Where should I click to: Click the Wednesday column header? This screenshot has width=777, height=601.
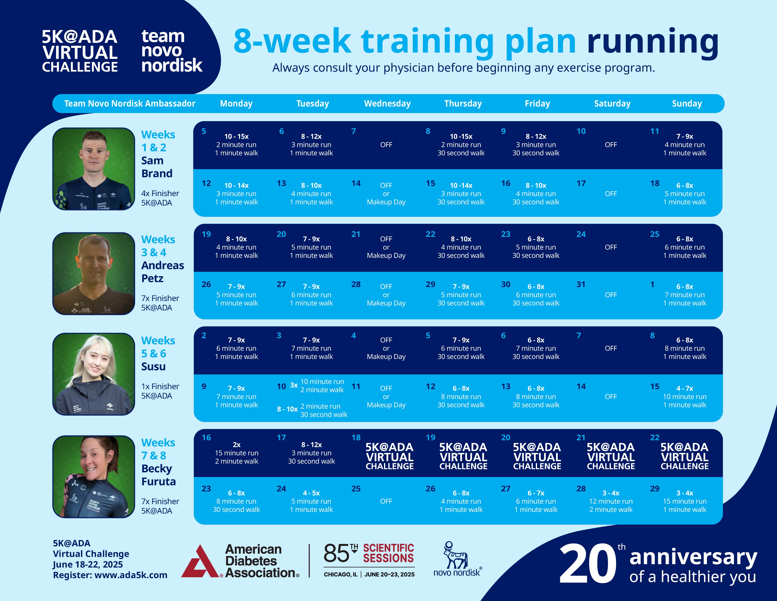[387, 104]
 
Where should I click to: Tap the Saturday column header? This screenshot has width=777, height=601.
[612, 104]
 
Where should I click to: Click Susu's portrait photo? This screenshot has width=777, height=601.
[93, 374]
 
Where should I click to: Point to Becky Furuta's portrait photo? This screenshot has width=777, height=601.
[93, 476]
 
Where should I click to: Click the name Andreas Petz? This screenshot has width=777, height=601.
[163, 272]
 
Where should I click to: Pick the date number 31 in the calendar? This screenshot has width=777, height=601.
[581, 284]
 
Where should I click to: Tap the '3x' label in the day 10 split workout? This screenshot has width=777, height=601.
[294, 385]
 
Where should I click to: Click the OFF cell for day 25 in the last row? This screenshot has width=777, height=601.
[386, 501]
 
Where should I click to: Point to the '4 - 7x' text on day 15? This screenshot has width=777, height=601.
[684, 388]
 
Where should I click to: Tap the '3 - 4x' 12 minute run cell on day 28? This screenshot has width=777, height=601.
[611, 501]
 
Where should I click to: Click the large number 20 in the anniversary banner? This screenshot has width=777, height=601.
[587, 564]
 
